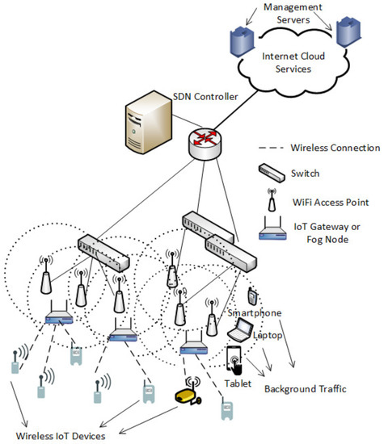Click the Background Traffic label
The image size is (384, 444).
pos(305,388)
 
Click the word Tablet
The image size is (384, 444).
pos(237,383)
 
